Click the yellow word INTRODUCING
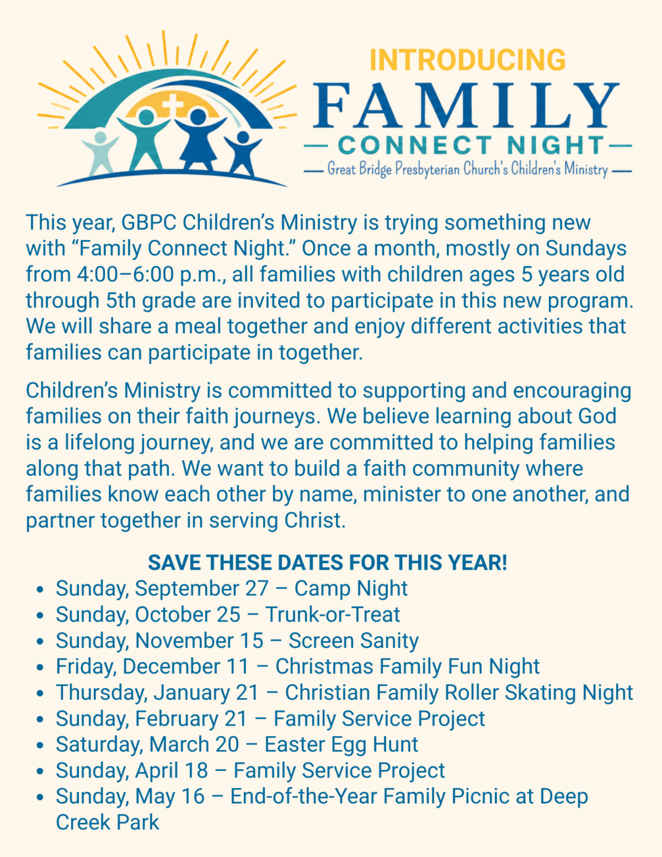point(468,60)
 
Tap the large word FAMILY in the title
point(467,106)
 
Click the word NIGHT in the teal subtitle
point(556,145)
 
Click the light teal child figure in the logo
point(100,152)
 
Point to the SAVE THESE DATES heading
point(327,562)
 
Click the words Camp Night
point(351,589)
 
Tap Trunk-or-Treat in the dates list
point(333,614)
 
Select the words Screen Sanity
point(354,641)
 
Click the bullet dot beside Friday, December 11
point(39,667)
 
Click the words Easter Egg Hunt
point(341,745)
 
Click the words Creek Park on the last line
point(107,823)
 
